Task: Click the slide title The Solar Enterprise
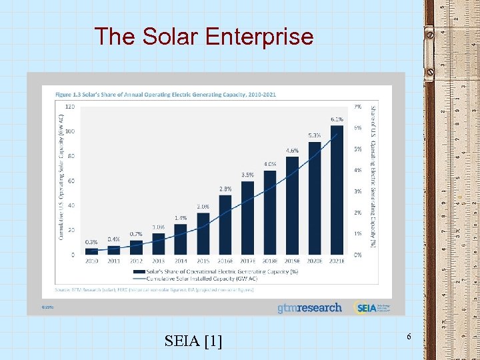pyautogui.click(x=203, y=36)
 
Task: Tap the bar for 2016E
pyautogui.click(x=225, y=224)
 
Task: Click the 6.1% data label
pyautogui.click(x=337, y=119)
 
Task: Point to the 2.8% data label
pyautogui.click(x=225, y=189)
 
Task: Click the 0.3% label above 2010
pyautogui.click(x=91, y=242)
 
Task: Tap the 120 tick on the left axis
pyautogui.click(x=69, y=107)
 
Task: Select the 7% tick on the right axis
pyautogui.click(x=358, y=107)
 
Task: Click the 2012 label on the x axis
pyautogui.click(x=136, y=261)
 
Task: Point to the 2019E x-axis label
pyautogui.click(x=292, y=261)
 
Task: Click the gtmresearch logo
pyautogui.click(x=309, y=308)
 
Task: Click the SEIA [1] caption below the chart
pyautogui.click(x=193, y=342)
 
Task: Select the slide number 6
pyautogui.click(x=409, y=339)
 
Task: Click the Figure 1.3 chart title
pyautogui.click(x=165, y=95)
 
